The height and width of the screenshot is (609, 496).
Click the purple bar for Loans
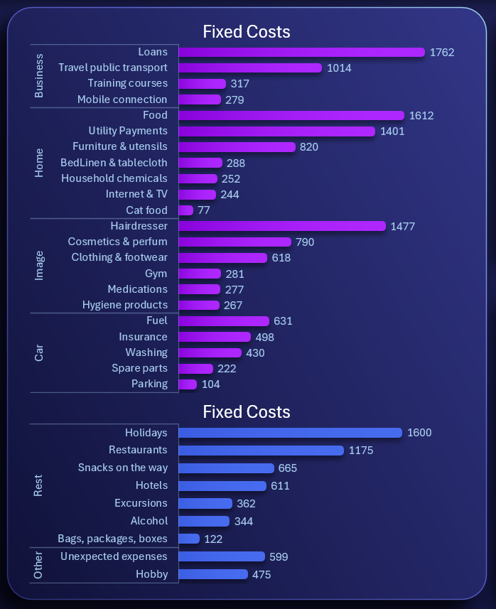click(x=301, y=52)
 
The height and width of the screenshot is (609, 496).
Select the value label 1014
click(x=339, y=68)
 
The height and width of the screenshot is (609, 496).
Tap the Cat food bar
click(x=185, y=210)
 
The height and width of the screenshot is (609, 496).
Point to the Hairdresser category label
click(x=139, y=226)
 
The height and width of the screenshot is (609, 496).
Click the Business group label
click(x=39, y=75)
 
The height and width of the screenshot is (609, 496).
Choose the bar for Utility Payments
click(x=276, y=131)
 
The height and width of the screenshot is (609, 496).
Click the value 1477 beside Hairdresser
click(x=402, y=227)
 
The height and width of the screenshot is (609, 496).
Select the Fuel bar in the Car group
click(x=224, y=321)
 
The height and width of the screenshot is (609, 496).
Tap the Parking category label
click(x=149, y=384)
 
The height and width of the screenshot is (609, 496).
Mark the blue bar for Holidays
click(x=290, y=433)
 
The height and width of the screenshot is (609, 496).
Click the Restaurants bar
click(x=261, y=451)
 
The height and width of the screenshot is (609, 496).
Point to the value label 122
click(x=213, y=539)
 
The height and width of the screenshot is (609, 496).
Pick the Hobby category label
click(x=151, y=574)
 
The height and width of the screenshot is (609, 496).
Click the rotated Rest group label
click(x=39, y=485)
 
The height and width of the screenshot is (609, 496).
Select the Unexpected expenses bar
click(x=221, y=557)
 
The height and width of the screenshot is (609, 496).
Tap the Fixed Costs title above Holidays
click(x=247, y=412)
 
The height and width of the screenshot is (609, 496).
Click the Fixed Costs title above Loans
click(x=247, y=32)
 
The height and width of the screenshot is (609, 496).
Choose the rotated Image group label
click(x=39, y=266)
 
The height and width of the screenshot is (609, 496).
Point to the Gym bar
click(x=200, y=274)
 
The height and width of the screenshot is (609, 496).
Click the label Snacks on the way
click(x=123, y=468)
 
